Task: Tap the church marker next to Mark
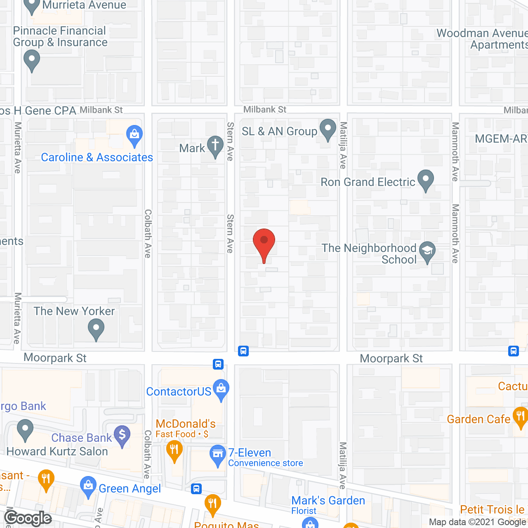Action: [215, 146]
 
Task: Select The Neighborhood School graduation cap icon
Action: [427, 251]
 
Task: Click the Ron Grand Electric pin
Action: [426, 180]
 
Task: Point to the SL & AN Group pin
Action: [328, 129]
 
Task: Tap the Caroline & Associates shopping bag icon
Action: [134, 135]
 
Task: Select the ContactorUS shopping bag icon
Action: [222, 389]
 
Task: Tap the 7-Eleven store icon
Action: [217, 455]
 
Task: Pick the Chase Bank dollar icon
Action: [122, 436]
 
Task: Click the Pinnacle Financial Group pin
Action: [32, 60]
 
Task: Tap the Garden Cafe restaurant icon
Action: [520, 417]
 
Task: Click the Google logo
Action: [28, 518]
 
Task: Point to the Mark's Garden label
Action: [328, 501]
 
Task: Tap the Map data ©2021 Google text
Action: [478, 522]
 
